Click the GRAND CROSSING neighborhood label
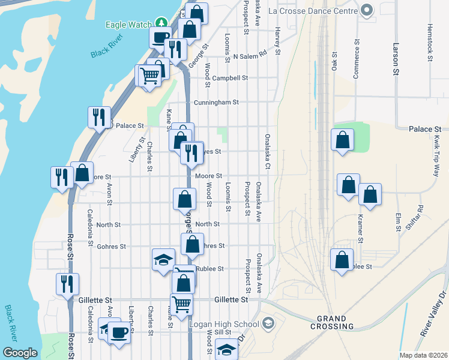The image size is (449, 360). [x=332, y=322]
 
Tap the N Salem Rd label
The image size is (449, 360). [x=249, y=56]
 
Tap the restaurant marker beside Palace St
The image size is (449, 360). [x=98, y=117]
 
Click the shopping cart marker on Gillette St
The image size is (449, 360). [x=181, y=304]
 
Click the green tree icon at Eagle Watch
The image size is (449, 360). [x=160, y=23]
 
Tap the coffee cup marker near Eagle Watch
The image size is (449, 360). [x=160, y=37]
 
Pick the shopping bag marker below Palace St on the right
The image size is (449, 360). [x=342, y=140]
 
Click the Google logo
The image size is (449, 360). [x=20, y=353]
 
